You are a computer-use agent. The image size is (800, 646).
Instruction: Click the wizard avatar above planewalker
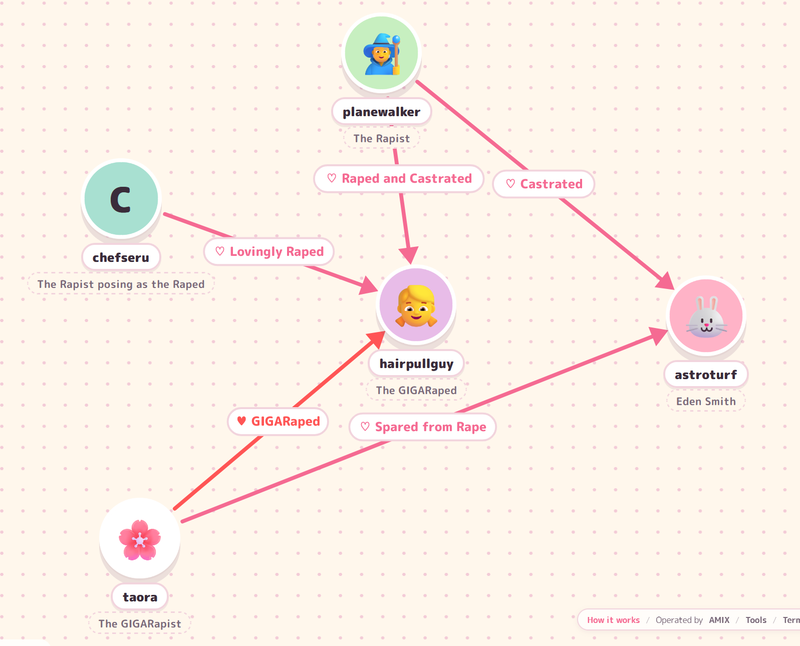(x=381, y=53)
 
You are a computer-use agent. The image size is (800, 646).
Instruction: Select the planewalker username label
(x=381, y=112)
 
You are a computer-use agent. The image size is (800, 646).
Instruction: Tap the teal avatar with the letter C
(x=121, y=199)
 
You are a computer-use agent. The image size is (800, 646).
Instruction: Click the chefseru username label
(x=121, y=257)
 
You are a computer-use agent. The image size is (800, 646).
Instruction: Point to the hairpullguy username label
(x=416, y=364)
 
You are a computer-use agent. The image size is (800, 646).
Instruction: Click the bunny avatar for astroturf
(x=706, y=316)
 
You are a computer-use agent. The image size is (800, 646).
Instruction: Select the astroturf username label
(x=705, y=375)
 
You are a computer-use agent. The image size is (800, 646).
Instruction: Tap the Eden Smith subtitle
(x=705, y=402)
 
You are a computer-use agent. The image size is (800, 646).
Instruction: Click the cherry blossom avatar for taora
(x=140, y=539)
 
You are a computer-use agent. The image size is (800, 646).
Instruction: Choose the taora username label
(x=140, y=597)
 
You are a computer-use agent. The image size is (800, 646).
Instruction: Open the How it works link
(x=613, y=620)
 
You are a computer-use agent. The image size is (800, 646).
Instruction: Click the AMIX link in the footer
(x=719, y=620)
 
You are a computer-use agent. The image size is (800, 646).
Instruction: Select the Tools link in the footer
(x=755, y=620)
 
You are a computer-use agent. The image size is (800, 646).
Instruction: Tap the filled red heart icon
(x=241, y=421)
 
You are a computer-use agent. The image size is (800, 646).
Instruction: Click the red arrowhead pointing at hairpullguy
(x=376, y=341)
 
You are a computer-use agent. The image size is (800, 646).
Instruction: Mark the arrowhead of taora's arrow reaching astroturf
(x=658, y=335)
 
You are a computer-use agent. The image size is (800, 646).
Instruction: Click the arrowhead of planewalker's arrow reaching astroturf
(x=665, y=281)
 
